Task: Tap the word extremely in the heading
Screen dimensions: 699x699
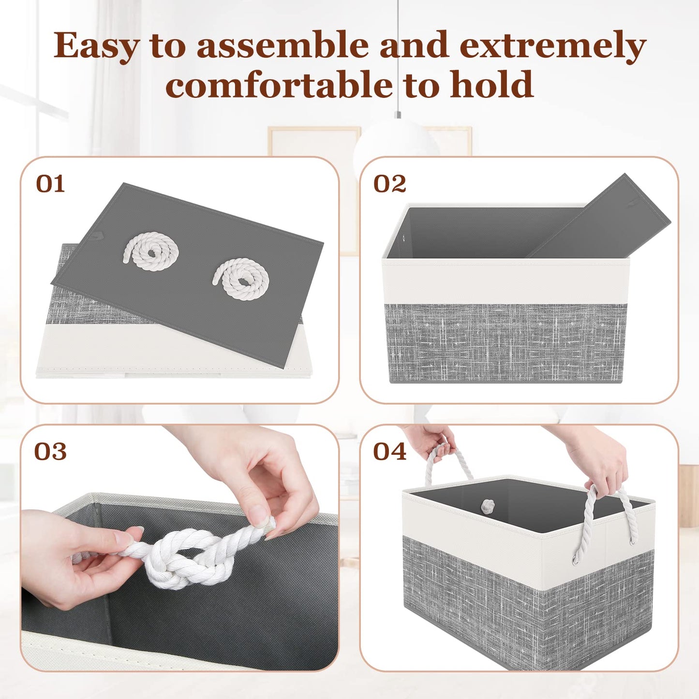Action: (552, 46)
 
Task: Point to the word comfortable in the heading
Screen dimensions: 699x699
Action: (279, 85)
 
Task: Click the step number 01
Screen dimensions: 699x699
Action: (50, 184)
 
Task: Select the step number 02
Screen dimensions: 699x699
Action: (389, 184)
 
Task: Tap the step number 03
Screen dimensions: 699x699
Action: (50, 452)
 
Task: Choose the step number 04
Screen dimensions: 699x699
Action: (389, 452)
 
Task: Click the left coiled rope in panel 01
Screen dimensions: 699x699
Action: (151, 251)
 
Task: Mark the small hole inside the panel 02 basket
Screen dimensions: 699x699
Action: (404, 238)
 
